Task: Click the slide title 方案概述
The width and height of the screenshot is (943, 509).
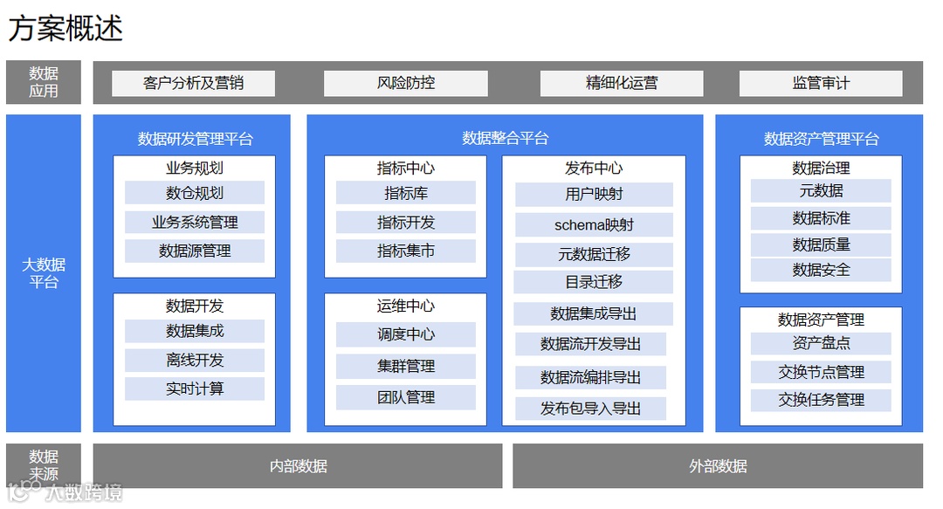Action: tap(65, 28)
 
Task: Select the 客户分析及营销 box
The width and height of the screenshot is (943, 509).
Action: tap(193, 84)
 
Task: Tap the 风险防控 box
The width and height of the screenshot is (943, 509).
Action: tap(406, 84)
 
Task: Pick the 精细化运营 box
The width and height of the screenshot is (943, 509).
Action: tap(622, 84)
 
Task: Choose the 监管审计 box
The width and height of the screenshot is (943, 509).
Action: tap(821, 84)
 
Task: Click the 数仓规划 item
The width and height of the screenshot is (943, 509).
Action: tap(195, 193)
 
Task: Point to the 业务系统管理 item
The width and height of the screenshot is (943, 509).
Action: tap(195, 223)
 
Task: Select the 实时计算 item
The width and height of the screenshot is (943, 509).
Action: tap(195, 389)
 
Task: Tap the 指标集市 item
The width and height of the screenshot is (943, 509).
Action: tap(406, 251)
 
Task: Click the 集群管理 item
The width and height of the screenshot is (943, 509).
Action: tap(406, 367)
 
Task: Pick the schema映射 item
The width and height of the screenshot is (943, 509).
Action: tap(594, 225)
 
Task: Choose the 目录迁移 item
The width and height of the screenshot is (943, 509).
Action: tap(594, 282)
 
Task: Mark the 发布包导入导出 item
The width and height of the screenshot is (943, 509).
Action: tap(591, 409)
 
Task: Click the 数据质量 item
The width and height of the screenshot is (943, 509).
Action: tap(821, 245)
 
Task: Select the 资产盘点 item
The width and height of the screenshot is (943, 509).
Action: tap(821, 344)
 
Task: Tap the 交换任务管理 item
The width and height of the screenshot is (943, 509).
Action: tap(821, 400)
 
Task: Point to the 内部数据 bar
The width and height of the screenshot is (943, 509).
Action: tap(298, 466)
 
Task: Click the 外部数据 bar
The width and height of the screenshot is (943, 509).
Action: tap(718, 466)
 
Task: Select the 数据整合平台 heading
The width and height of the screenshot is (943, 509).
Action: tap(506, 139)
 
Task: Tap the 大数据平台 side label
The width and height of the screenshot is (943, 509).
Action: tap(44, 273)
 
